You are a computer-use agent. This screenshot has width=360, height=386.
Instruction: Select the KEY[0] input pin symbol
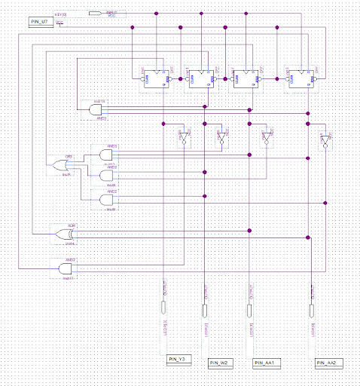tap(96, 13)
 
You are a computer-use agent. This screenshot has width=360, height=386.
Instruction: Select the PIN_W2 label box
tap(221, 363)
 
